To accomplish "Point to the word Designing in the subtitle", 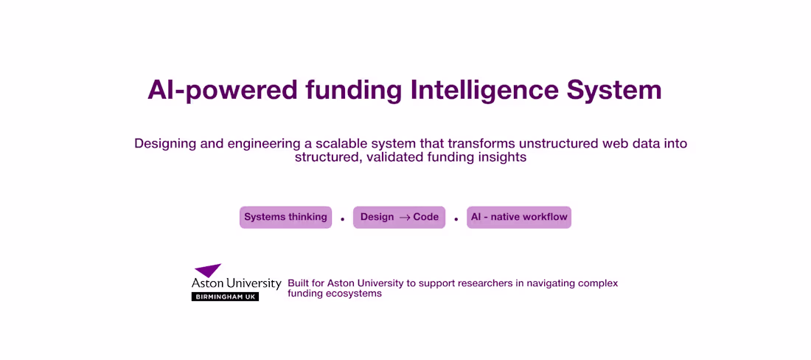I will pyautogui.click(x=164, y=143).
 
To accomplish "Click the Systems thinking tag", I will pyautogui.click(x=285, y=217).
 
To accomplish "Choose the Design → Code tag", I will pyautogui.click(x=399, y=217).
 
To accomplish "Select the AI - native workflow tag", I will pyautogui.click(x=519, y=217).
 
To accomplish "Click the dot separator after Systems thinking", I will pyautogui.click(x=342, y=219).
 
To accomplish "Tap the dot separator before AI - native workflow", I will pyautogui.click(x=456, y=219).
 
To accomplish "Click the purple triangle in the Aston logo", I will pyautogui.click(x=208, y=270).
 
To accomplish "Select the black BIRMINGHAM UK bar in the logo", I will pyautogui.click(x=225, y=297).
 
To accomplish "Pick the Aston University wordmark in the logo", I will pyautogui.click(x=236, y=283).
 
